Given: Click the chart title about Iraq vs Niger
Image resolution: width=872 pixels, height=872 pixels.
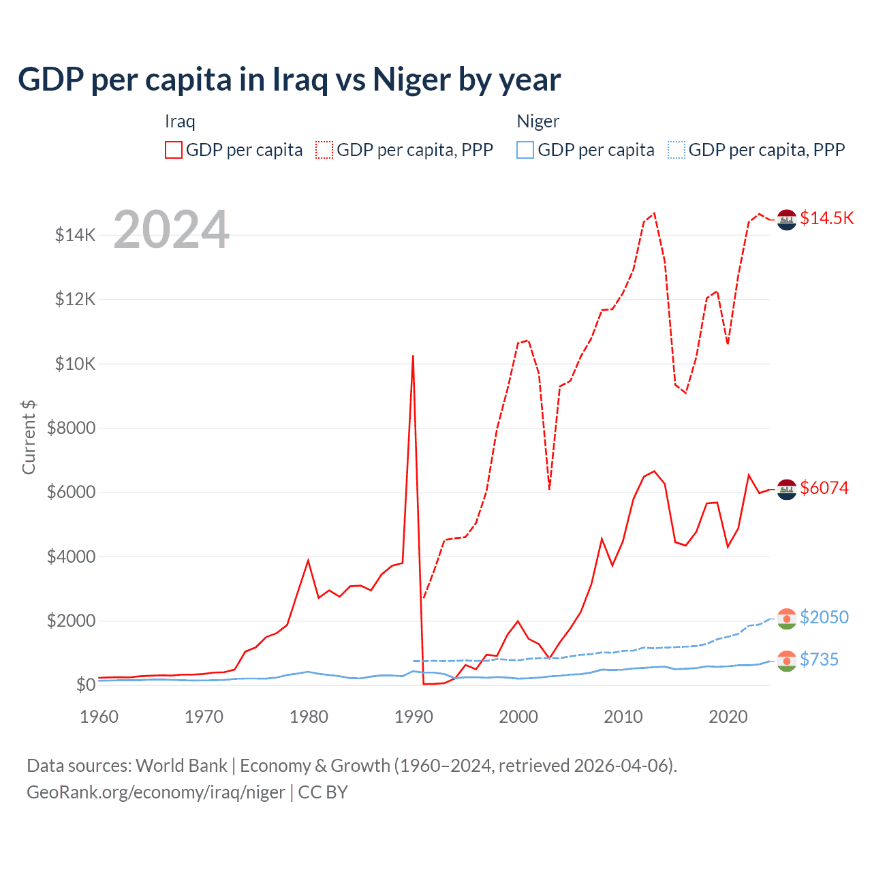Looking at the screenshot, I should [x=290, y=80].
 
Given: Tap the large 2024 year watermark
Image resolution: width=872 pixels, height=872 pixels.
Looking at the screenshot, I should [x=171, y=230].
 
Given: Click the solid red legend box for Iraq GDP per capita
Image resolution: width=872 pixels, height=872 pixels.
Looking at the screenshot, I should [x=174, y=150].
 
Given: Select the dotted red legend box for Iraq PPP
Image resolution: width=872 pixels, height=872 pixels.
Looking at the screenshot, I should [x=324, y=150].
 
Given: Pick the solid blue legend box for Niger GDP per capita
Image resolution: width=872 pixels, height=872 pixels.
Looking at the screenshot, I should [x=525, y=150].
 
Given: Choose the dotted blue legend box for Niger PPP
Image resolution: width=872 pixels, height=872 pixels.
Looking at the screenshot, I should [x=676, y=150].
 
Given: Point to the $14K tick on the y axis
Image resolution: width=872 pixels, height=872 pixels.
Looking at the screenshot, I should [x=75, y=236].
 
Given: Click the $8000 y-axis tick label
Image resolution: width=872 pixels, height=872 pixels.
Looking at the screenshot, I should [x=71, y=429].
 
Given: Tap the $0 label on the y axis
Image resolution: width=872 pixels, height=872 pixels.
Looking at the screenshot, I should [x=85, y=685].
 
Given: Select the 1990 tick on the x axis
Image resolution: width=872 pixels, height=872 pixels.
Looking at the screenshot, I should [x=414, y=717].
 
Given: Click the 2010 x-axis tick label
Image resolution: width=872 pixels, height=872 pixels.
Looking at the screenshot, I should [x=623, y=717].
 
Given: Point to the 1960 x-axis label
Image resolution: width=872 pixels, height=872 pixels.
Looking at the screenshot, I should [x=99, y=717].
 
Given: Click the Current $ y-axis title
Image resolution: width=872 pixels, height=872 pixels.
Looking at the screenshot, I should [x=29, y=437].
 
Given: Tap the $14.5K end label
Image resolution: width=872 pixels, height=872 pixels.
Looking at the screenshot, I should [x=826, y=218].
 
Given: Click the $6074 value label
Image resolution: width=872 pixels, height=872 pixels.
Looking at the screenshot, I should [x=824, y=488].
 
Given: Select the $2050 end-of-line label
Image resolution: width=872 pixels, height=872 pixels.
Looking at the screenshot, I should [x=824, y=617].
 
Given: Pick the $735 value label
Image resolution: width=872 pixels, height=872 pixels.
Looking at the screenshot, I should [x=819, y=659].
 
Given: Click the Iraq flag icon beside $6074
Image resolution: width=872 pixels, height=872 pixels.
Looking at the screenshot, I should [x=787, y=489].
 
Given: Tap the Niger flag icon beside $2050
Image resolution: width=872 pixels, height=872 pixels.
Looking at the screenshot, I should [x=787, y=619].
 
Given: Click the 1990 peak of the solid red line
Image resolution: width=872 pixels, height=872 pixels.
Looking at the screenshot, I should [x=413, y=356].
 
